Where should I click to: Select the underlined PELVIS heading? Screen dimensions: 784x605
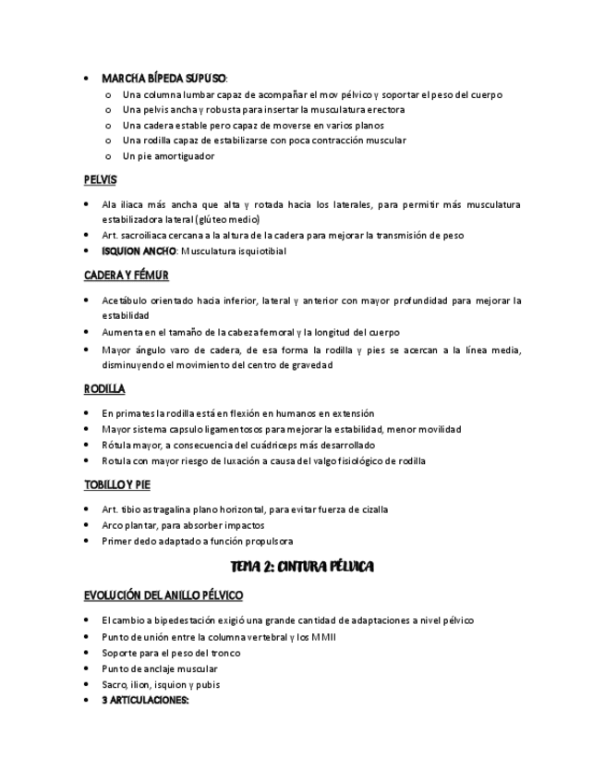point(100,180)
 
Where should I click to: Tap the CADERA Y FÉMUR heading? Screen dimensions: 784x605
point(126,276)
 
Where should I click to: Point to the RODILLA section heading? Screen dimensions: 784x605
point(104,388)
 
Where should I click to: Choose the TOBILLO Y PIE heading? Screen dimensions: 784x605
point(117,484)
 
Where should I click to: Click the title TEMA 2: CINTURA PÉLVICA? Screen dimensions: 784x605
point(301,565)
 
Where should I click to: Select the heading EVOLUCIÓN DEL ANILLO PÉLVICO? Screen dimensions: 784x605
point(163,595)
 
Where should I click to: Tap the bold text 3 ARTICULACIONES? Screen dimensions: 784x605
point(145,700)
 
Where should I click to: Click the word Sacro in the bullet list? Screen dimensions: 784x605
point(115,684)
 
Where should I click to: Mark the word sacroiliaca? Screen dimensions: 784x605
point(150,235)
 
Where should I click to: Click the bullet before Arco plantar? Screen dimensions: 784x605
point(86,525)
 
